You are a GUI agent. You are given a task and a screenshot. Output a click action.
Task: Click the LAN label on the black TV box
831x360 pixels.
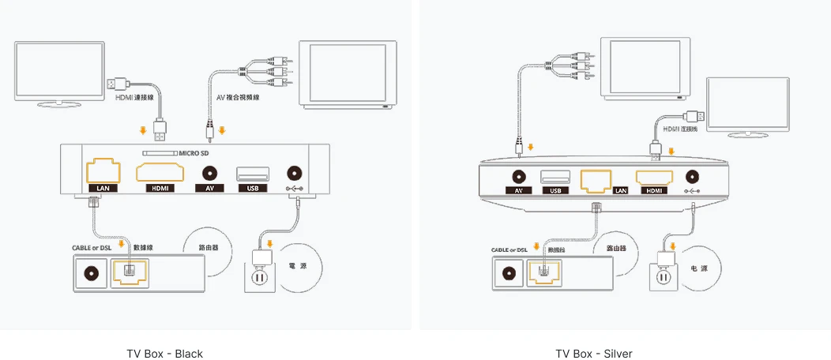tap(103, 188)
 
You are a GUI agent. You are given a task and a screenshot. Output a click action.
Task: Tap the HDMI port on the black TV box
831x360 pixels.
tap(159, 173)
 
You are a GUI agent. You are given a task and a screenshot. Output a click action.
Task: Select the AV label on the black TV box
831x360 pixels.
tap(209, 188)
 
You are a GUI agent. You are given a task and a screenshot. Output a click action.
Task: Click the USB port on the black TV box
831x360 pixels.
tap(252, 174)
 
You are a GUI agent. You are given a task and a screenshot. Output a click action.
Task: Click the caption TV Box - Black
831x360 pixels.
tap(164, 354)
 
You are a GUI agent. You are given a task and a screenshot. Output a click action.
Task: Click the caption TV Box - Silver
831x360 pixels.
tap(593, 354)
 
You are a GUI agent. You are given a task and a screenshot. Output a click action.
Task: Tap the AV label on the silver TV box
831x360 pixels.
tap(518, 190)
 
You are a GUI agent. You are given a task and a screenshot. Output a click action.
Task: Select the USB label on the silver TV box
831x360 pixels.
tap(555, 190)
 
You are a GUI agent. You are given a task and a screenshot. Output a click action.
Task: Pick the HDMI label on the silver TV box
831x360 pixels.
tap(652, 190)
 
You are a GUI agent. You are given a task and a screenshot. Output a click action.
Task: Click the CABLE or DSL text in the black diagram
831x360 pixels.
tap(92, 248)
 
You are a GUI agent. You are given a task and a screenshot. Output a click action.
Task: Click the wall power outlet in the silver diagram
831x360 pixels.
tap(664, 276)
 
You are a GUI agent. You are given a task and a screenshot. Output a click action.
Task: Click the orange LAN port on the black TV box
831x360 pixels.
tap(103, 171)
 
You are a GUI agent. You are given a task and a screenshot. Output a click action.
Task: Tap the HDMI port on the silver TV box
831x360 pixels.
tap(652, 178)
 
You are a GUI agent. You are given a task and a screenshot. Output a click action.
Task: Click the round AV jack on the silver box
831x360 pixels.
tap(519, 177)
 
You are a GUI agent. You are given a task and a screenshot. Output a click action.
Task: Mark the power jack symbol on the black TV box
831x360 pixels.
tap(295, 188)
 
